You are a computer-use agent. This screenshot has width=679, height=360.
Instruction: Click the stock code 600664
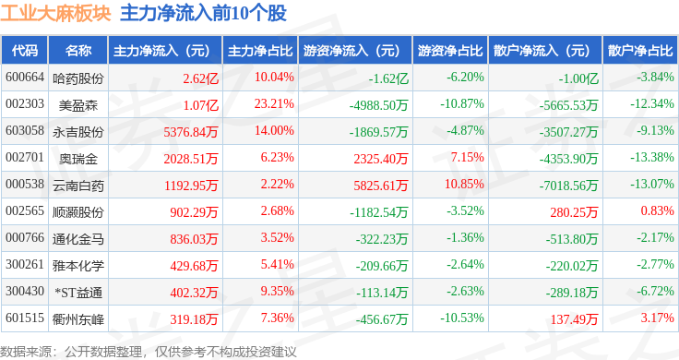point(25,78)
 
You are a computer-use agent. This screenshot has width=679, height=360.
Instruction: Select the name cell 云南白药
point(77,186)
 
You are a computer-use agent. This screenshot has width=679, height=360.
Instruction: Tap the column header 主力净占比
point(260,51)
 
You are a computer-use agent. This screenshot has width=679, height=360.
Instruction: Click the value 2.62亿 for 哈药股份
point(200,78)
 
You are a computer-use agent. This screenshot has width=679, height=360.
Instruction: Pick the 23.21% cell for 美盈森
point(274,104)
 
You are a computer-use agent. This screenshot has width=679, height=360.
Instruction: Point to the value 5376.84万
point(191,132)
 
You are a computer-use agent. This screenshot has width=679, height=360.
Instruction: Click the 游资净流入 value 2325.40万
point(381,159)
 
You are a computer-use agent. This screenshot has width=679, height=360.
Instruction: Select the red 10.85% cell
point(464,184)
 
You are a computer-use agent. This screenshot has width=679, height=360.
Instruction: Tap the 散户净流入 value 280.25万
point(574,212)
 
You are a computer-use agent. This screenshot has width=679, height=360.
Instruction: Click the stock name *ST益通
point(78,293)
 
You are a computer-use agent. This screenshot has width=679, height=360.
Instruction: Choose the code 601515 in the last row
point(25,318)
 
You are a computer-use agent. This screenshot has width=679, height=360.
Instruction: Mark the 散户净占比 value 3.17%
point(658,318)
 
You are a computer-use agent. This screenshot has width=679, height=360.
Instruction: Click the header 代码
point(25,51)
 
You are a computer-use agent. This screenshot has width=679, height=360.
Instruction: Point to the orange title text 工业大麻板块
point(55,13)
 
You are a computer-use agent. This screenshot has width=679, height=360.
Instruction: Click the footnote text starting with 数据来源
point(149,352)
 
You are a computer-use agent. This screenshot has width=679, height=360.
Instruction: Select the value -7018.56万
point(568,186)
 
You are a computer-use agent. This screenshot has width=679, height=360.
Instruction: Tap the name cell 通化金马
point(77,239)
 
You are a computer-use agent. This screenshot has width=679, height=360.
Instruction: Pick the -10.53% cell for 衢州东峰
point(462,318)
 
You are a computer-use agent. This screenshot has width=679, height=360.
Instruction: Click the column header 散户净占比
point(640,51)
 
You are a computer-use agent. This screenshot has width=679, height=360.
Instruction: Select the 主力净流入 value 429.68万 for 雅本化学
point(194,266)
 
